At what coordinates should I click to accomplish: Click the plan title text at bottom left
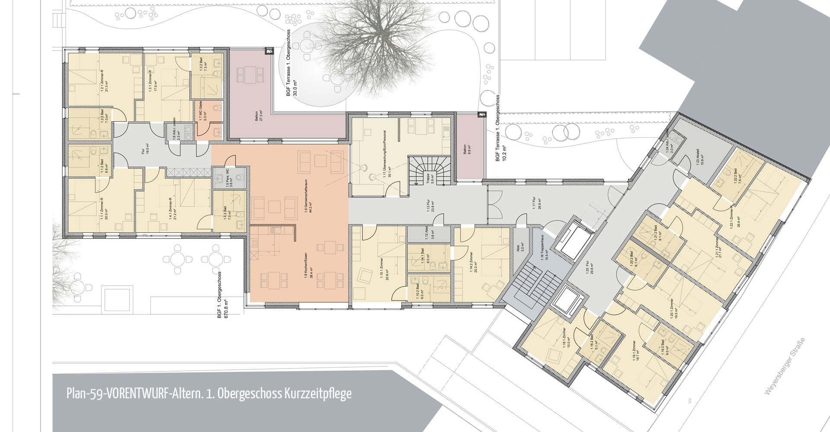pyautogui.click(x=209, y=394)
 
